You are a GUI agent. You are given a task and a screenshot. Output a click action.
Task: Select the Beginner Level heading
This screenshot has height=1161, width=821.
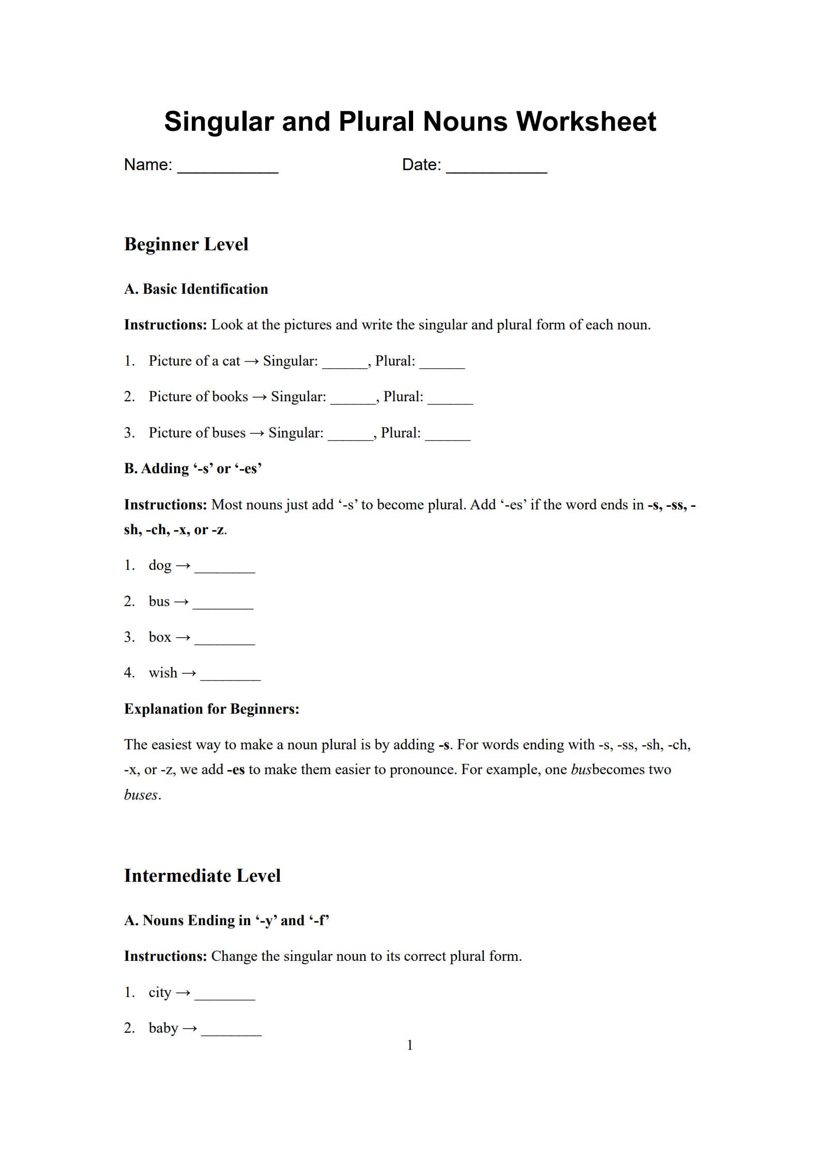[186, 244]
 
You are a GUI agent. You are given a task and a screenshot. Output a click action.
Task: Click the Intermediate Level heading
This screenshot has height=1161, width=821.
[202, 876]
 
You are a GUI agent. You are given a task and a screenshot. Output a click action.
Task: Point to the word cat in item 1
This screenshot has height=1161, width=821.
[231, 361]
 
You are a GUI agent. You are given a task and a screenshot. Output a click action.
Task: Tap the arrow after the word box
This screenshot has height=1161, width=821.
[183, 638]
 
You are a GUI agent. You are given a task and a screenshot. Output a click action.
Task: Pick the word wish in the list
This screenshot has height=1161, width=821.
[163, 673]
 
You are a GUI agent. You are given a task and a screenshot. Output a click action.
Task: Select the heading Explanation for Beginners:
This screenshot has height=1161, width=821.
[211, 709]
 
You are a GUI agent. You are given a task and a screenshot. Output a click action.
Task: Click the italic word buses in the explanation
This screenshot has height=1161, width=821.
[141, 795]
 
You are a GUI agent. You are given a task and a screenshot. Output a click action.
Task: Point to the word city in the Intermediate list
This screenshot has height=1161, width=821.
[160, 992]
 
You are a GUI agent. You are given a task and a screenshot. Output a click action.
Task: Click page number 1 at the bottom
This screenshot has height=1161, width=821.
[409, 1045]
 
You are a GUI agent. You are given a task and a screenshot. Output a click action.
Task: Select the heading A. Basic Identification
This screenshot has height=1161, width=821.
[196, 289]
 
